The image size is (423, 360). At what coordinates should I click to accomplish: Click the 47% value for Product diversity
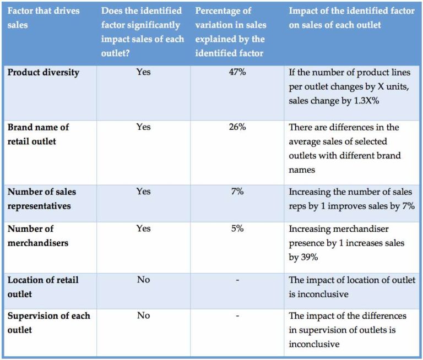tap(237, 73)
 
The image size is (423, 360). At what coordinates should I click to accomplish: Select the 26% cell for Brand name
tap(237, 127)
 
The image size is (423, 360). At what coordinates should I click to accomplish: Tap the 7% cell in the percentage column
tap(237, 192)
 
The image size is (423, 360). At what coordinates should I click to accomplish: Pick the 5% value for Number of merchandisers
tap(237, 228)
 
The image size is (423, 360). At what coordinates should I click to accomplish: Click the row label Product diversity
tap(44, 73)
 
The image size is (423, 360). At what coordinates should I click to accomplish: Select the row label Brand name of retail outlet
tap(38, 134)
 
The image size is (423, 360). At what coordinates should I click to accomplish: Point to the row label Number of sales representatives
tap(41, 198)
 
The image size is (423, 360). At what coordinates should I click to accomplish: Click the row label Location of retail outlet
tap(43, 286)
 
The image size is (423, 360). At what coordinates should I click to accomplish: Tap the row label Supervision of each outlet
tap(48, 323)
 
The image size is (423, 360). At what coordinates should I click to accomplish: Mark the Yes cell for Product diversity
tap(143, 73)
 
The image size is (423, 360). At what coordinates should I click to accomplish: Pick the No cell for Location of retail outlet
tap(143, 280)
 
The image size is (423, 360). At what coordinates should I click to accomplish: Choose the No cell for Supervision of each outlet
tap(143, 316)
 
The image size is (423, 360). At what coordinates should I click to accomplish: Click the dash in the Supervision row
tap(237, 316)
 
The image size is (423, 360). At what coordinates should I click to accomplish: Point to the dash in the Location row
tap(237, 280)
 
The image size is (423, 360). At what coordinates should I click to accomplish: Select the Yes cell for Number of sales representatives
tap(143, 192)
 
